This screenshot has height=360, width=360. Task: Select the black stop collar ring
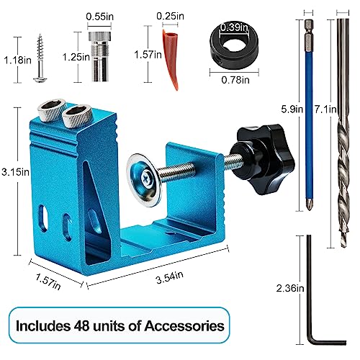click(x=230, y=45)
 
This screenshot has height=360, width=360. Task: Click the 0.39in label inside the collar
click(x=230, y=26)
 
